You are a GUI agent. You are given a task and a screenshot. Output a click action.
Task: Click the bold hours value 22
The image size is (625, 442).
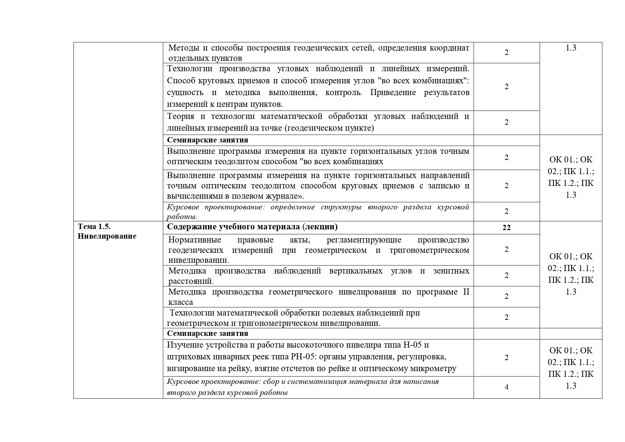(x=506, y=228)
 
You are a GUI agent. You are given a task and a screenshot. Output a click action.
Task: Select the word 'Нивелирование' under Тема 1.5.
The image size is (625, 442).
(x=107, y=236)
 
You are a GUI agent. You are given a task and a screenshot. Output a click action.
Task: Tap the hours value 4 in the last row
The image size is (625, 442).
(x=506, y=387)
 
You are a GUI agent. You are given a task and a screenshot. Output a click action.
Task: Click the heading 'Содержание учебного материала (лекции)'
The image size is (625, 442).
(x=252, y=227)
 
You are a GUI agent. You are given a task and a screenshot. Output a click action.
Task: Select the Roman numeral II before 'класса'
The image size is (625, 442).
(x=466, y=292)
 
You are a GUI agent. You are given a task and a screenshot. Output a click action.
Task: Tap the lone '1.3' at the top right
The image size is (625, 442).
(x=571, y=48)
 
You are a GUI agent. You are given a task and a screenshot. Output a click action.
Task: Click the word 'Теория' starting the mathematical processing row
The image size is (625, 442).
(x=181, y=116)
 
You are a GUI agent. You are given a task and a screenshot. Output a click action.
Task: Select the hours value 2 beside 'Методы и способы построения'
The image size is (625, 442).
(x=506, y=52)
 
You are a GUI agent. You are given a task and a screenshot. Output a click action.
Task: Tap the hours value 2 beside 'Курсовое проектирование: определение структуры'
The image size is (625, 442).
(x=506, y=211)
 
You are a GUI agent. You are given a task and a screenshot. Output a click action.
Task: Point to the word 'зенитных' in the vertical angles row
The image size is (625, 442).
(x=451, y=271)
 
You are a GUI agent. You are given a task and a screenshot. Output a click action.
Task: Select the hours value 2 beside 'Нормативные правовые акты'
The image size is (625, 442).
(x=506, y=249)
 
